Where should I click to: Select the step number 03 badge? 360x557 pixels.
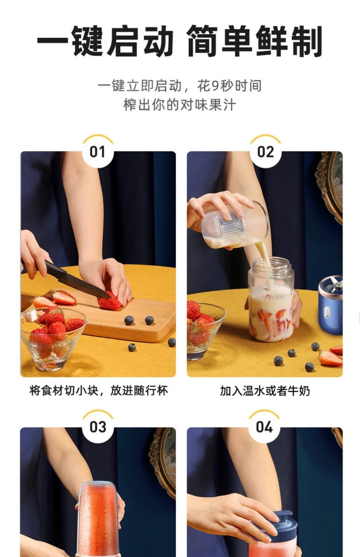coord(98,427)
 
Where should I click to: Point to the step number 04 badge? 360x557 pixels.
coord(264,427)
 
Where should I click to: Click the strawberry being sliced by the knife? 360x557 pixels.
coord(109,301)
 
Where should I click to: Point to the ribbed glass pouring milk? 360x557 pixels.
coord(235,225)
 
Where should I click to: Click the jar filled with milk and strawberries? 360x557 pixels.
coord(271,299)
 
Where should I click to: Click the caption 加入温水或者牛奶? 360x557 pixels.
coord(265,391)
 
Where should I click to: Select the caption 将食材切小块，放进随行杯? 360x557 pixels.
coord(99,391)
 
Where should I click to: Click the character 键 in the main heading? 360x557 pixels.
coord(88,41)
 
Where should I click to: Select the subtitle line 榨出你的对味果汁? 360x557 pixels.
coord(180,105)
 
